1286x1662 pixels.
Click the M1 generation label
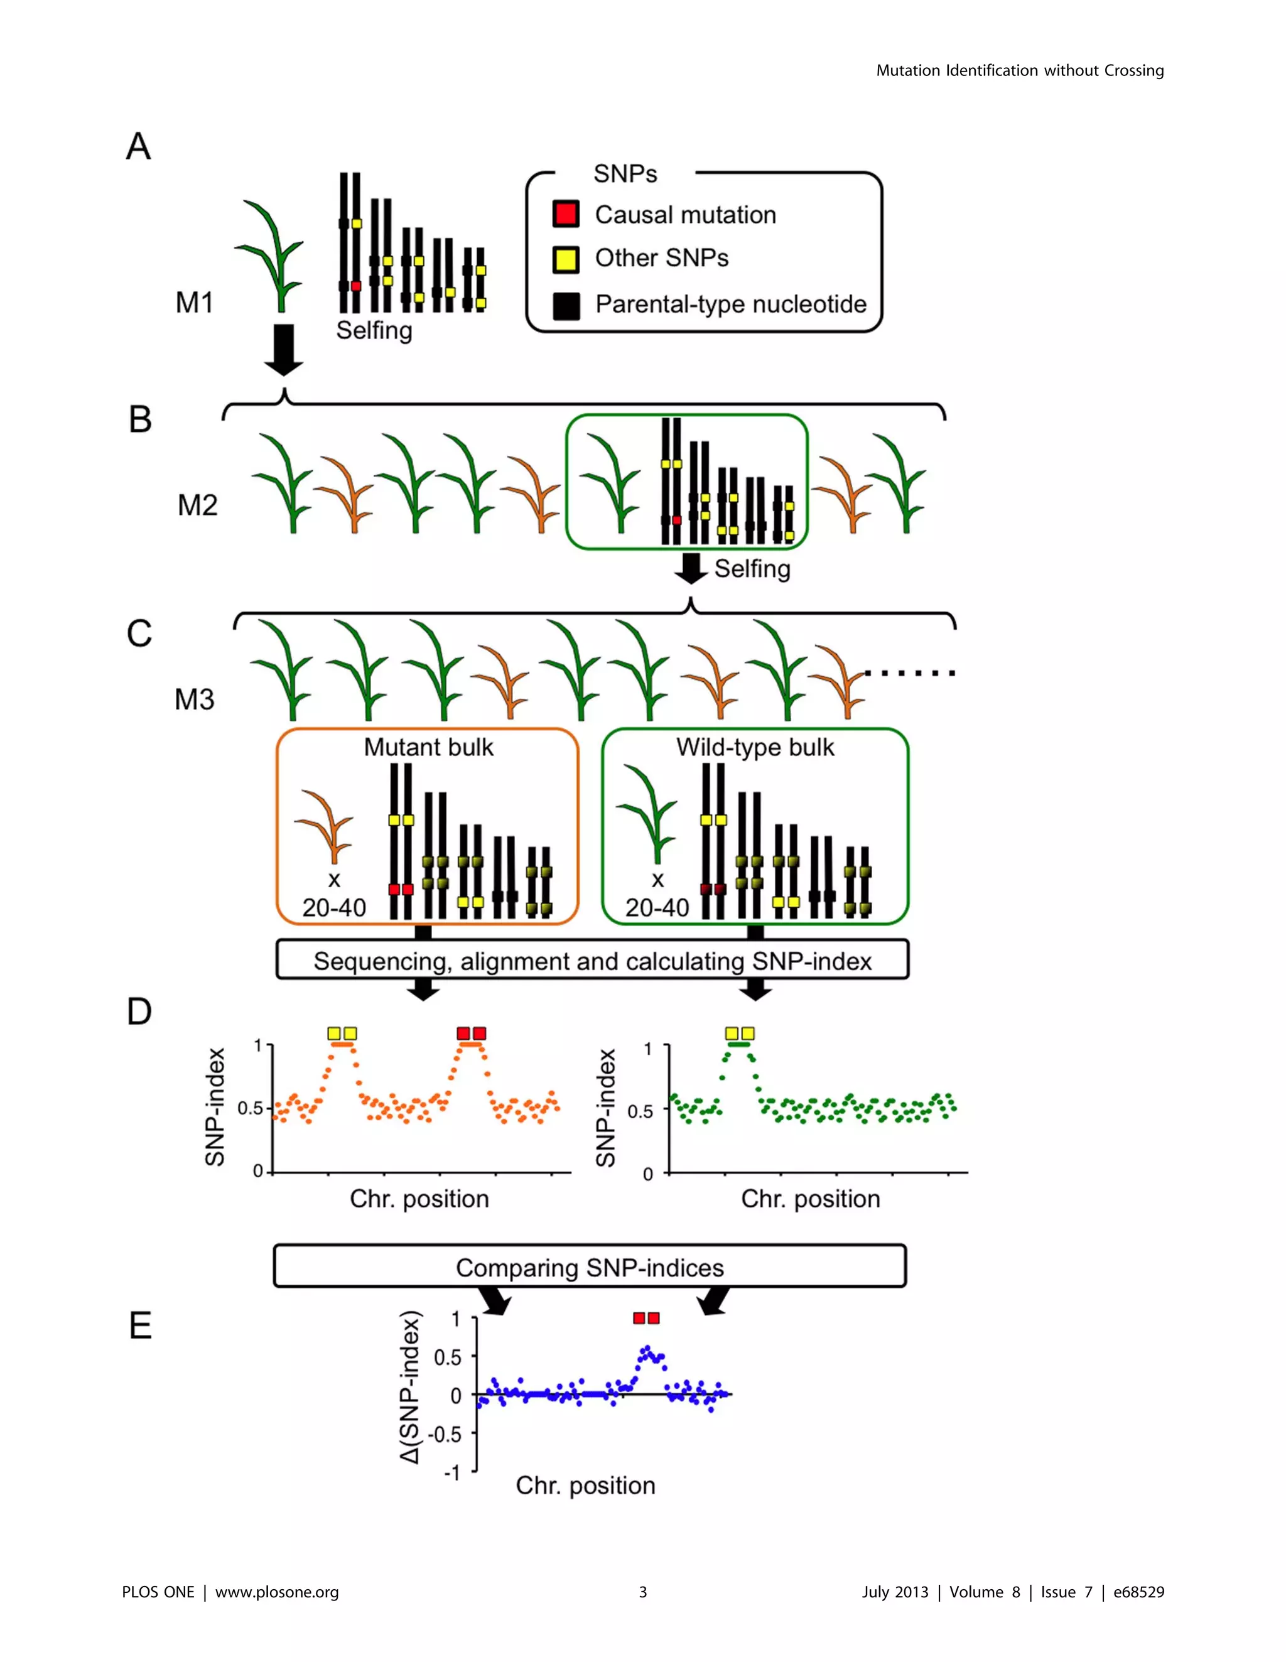click(x=194, y=303)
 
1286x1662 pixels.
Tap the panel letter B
click(x=140, y=419)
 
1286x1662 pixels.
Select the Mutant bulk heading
click(x=428, y=747)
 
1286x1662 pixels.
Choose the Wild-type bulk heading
click(x=755, y=747)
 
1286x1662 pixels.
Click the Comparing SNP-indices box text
click(x=590, y=1268)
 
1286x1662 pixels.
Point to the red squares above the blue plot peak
click(x=646, y=1318)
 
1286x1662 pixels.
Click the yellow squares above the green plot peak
click(x=740, y=1033)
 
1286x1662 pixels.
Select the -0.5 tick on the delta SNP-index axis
click(x=445, y=1435)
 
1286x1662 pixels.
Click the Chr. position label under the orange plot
click(x=419, y=1199)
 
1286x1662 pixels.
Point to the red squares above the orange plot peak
click(x=471, y=1033)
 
